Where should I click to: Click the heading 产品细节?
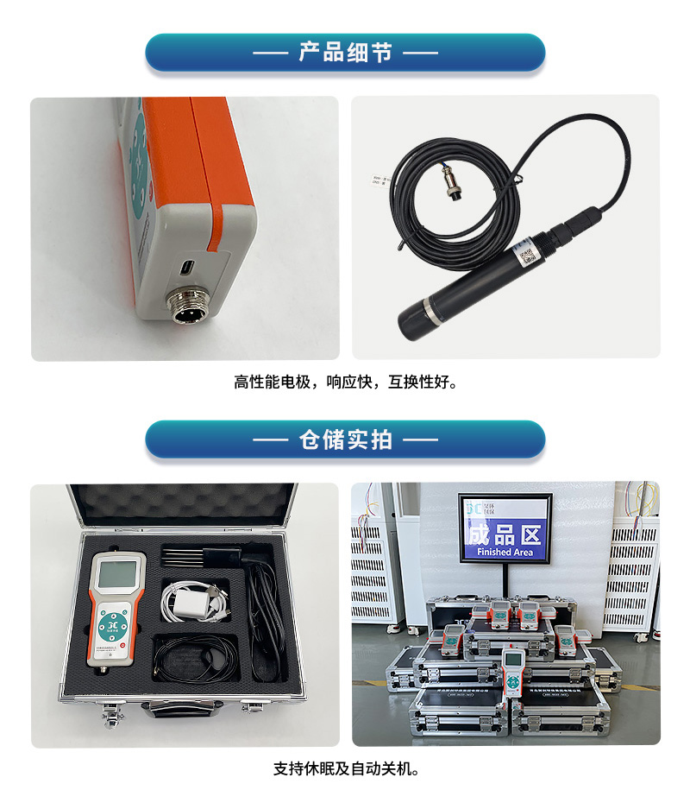(x=345, y=53)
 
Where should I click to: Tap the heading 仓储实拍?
(x=345, y=439)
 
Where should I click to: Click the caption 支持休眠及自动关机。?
(x=345, y=768)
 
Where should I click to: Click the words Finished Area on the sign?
(x=505, y=552)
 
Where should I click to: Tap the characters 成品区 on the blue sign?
(x=505, y=534)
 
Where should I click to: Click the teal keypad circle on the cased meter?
(x=111, y=625)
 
